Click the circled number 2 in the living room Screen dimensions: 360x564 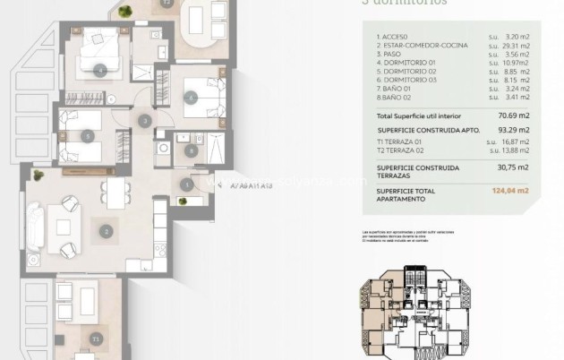coord(107,231)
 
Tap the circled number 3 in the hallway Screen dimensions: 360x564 coord(144,121)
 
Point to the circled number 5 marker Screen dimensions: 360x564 coord(88,136)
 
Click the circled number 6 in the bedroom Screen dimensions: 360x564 coord(189,98)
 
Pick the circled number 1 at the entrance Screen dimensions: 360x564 coord(186,184)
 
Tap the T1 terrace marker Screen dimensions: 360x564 coord(96,339)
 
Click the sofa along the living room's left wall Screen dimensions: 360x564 coord(35,224)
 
